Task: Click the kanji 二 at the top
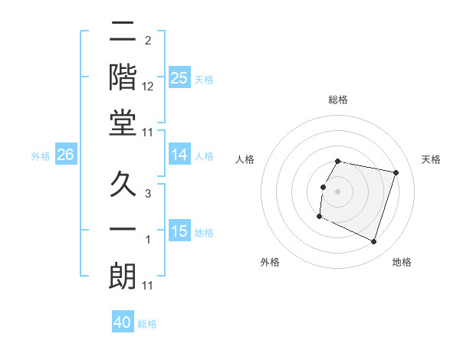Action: click(123, 32)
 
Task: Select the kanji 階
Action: click(123, 78)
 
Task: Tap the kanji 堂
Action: click(123, 124)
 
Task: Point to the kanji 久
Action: click(123, 185)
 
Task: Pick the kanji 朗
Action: click(123, 277)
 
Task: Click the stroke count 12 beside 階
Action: click(148, 87)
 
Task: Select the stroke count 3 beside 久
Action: click(148, 194)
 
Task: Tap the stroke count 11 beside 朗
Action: click(148, 286)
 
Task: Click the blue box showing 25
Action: click(179, 78)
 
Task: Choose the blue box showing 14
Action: click(179, 155)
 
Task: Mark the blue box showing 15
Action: click(179, 231)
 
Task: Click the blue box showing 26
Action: click(65, 155)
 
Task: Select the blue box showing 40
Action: click(123, 322)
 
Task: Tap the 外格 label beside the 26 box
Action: click(41, 155)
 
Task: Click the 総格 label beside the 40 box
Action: click(147, 324)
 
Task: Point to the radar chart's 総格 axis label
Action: click(338, 100)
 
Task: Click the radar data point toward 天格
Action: click(396, 173)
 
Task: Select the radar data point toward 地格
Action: click(373, 242)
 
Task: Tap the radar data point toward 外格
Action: click(319, 217)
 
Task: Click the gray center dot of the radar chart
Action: click(338, 191)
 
